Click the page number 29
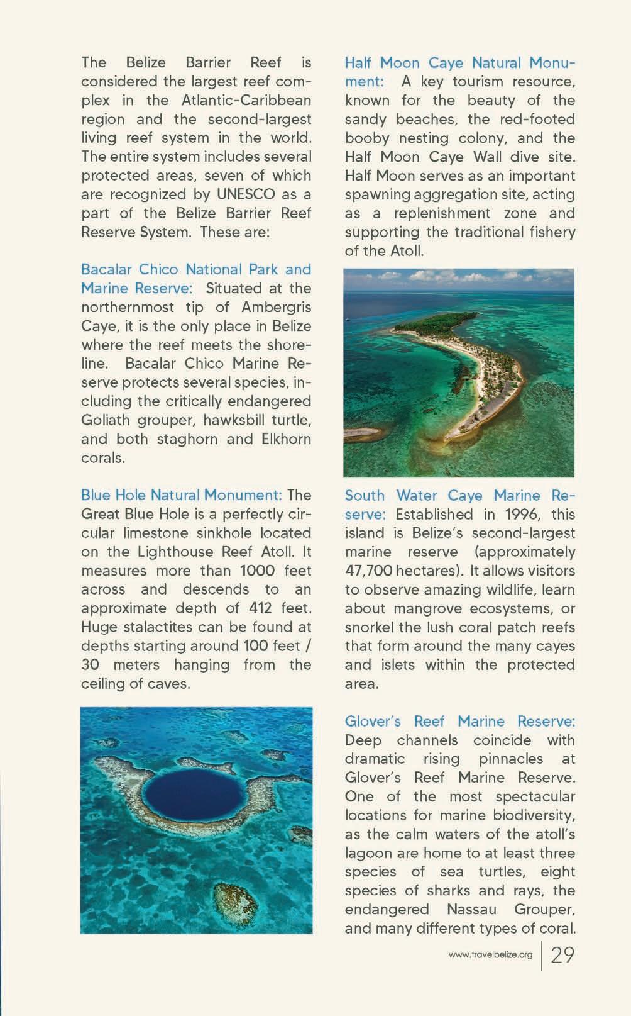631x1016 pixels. pos(562,954)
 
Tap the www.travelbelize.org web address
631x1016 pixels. pos(490,954)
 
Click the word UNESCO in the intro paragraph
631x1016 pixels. pos(246,194)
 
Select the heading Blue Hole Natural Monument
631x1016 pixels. pos(181,495)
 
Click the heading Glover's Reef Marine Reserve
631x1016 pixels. pos(460,721)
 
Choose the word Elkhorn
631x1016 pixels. pos(286,438)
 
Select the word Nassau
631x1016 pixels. pos(471,909)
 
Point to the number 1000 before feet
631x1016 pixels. pos(258,571)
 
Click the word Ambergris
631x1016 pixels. pos(276,307)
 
